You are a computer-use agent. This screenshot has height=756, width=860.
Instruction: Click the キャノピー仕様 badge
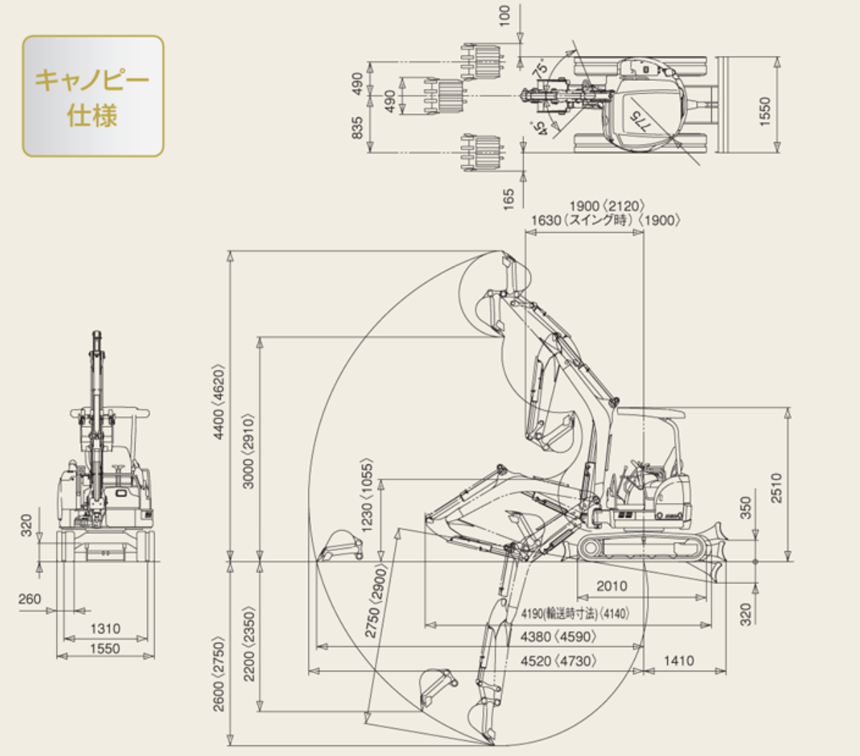(92, 96)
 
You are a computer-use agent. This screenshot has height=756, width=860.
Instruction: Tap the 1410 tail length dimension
(678, 660)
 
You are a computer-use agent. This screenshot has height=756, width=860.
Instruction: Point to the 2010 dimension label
(611, 586)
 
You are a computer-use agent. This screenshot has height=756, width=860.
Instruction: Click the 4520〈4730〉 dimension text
(558, 660)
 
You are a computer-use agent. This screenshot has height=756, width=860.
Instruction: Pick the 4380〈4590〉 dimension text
(558, 636)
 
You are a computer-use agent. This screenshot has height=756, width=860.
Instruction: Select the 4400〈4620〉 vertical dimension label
(220, 401)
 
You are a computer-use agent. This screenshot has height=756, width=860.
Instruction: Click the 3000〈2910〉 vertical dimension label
(248, 451)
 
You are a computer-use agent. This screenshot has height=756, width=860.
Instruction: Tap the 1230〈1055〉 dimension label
(367, 494)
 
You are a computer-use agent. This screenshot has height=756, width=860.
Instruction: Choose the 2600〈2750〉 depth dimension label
(219, 674)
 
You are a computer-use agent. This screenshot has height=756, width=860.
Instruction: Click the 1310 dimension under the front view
(105, 628)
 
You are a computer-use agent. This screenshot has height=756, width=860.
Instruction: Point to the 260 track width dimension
(29, 598)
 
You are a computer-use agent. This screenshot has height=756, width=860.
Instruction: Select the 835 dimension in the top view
(358, 128)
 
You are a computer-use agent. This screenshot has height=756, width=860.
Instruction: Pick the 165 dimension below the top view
(509, 198)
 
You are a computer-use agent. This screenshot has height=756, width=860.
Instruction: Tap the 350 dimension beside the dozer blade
(745, 507)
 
